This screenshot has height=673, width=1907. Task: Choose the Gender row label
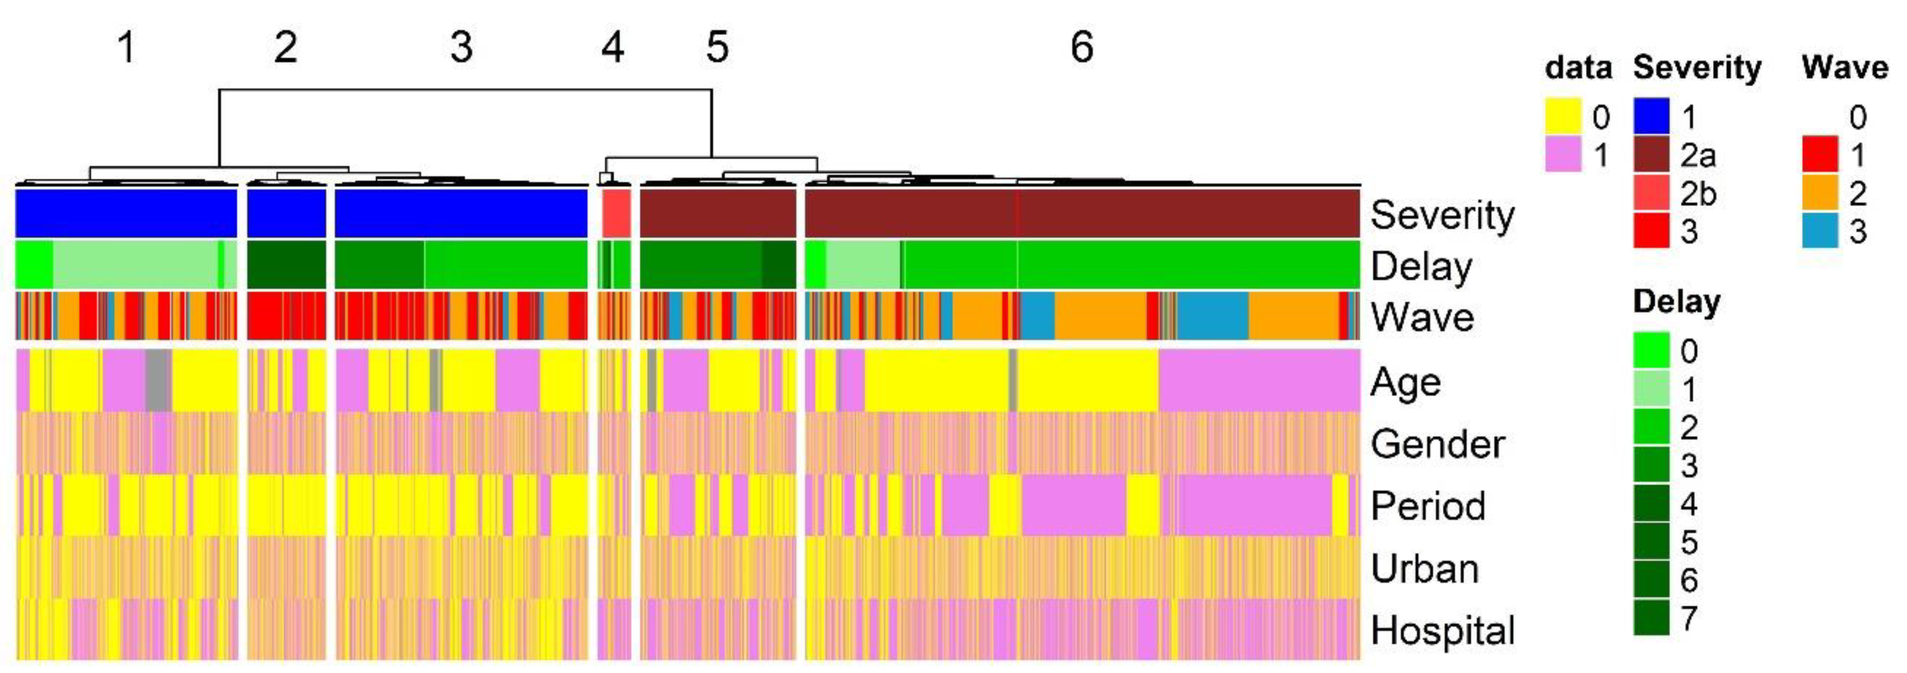[x=1437, y=444]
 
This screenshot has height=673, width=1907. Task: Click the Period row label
[x=1427, y=506]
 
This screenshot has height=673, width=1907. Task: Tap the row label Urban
[x=1424, y=568]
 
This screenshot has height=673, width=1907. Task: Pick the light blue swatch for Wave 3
[x=1820, y=232]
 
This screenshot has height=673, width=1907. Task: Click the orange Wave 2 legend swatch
[x=1820, y=193]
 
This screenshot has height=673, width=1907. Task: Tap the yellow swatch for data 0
[x=1563, y=116]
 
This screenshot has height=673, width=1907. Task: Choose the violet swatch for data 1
[x=1563, y=155]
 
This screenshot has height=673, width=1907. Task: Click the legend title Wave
[x=1845, y=68]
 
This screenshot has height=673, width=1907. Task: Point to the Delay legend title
[x=1676, y=301]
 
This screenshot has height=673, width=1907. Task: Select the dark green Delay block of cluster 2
[x=286, y=264]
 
